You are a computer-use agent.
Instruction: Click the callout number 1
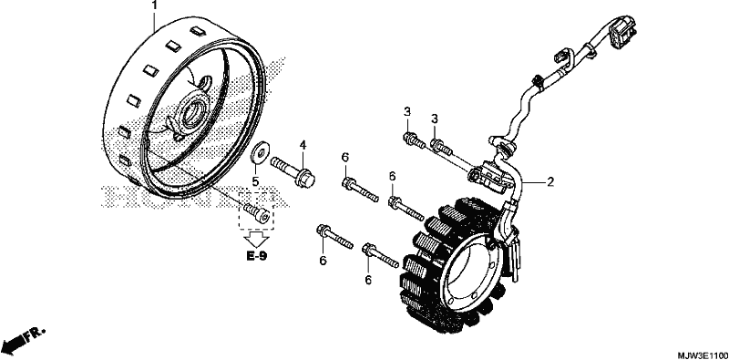tap(154, 6)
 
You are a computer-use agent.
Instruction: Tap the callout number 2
tap(550, 182)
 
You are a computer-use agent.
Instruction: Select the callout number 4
tap(303, 145)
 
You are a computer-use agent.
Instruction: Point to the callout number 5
tap(255, 180)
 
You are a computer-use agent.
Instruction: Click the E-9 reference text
tap(257, 256)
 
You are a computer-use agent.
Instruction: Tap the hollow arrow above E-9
tap(257, 239)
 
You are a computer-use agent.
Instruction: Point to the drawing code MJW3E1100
tap(703, 355)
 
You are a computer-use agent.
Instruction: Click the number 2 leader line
tap(533, 182)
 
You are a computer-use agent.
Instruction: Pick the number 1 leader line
tap(154, 21)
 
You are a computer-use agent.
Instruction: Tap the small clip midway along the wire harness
tap(539, 81)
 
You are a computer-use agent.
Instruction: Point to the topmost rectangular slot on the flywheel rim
tap(197, 32)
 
